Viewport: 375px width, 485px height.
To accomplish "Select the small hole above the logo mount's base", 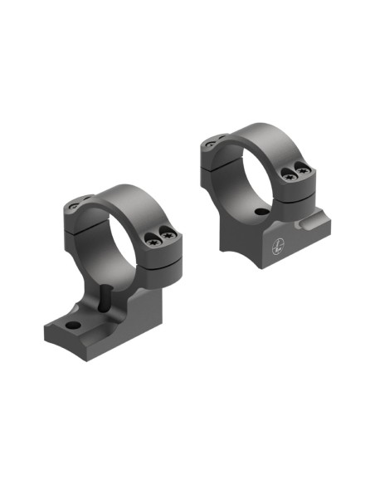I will pyautogui.click(x=262, y=213).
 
